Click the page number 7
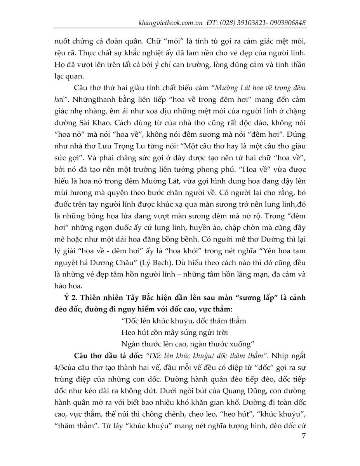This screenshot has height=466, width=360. pos(303,436)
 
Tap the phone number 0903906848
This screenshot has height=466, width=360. pos(287,23)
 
